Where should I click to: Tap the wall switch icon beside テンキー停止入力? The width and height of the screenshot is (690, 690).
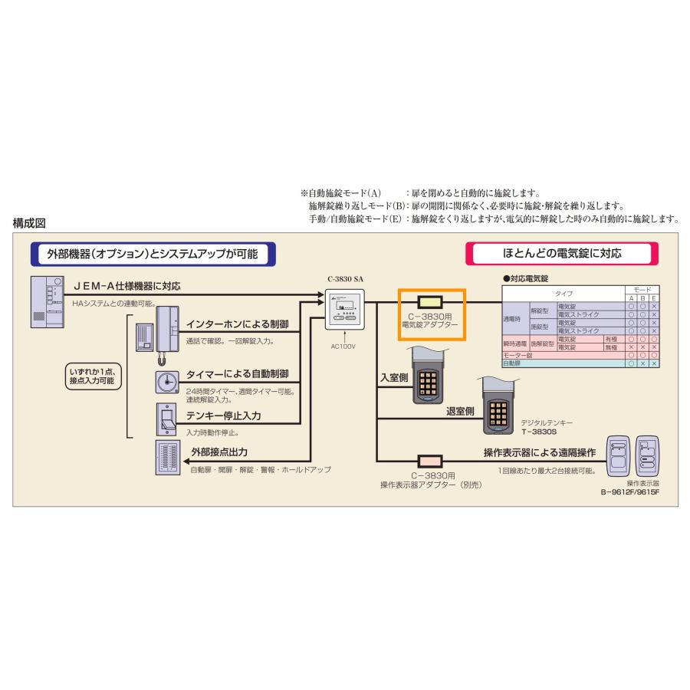point(166,419)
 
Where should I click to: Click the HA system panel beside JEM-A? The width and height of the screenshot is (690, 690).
point(48,302)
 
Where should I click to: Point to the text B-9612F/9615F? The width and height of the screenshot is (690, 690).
point(630,492)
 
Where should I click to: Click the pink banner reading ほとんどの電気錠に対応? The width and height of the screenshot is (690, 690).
point(562,252)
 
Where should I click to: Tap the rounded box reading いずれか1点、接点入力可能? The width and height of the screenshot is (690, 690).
point(94,376)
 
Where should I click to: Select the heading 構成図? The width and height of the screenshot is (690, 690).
point(31,223)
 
